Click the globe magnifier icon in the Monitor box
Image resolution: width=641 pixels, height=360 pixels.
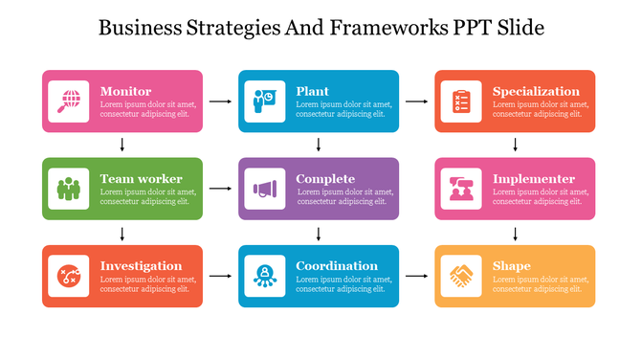click(x=69, y=101)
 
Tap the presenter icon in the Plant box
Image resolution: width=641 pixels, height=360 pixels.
click(x=264, y=101)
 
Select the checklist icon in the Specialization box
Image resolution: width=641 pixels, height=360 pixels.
click(x=461, y=101)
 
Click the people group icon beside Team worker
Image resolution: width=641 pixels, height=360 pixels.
click(x=69, y=189)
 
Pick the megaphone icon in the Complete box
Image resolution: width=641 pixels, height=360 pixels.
click(x=264, y=189)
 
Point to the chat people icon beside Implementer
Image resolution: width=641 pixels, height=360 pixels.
click(x=461, y=189)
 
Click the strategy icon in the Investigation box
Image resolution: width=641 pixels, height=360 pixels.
click(x=69, y=276)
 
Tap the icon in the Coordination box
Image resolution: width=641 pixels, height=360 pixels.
click(x=264, y=276)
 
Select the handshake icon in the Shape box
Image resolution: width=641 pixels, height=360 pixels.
click(x=461, y=276)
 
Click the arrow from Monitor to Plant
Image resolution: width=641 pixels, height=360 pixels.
click(x=220, y=101)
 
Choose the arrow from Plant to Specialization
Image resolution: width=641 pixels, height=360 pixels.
click(x=416, y=101)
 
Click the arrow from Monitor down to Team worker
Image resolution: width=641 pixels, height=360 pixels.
click(x=122, y=145)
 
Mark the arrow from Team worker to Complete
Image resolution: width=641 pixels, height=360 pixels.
click(x=220, y=189)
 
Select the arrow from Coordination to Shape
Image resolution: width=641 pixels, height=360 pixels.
click(x=416, y=276)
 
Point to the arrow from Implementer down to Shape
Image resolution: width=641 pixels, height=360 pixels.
click(x=516, y=233)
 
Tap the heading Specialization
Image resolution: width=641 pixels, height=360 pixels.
click(x=536, y=92)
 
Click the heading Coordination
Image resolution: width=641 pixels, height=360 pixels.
click(x=337, y=266)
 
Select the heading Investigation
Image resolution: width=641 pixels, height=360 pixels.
click(x=141, y=266)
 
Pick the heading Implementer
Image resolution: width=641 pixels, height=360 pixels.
click(x=534, y=179)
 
